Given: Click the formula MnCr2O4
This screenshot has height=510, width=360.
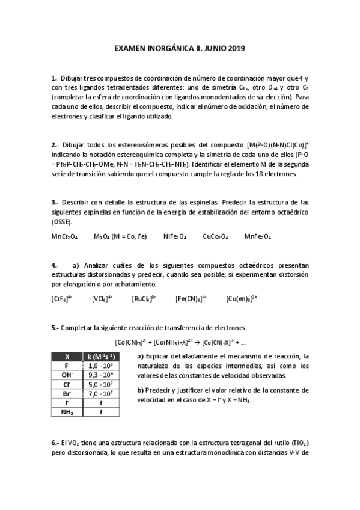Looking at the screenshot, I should click(x=64, y=236).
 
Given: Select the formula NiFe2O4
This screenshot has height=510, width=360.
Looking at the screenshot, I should click(x=175, y=236).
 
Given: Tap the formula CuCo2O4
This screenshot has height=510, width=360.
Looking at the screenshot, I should click(x=215, y=236).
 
